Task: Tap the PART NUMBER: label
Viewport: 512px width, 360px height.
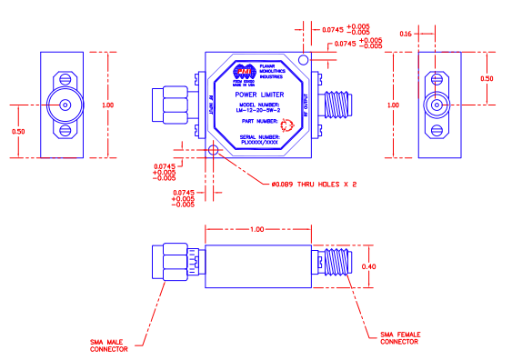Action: [x=254, y=120]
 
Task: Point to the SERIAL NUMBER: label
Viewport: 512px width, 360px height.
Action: [x=257, y=136]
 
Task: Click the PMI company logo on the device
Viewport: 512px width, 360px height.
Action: [x=245, y=73]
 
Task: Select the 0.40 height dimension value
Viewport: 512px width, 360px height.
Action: [x=369, y=266]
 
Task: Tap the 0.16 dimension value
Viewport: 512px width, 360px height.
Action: [x=407, y=34]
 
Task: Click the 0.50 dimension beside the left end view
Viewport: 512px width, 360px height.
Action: [x=17, y=132]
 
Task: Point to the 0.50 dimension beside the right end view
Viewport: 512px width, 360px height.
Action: [x=487, y=78]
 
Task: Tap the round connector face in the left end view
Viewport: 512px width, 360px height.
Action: [x=65, y=105]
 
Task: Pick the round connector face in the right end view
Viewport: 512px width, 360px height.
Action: [x=437, y=105]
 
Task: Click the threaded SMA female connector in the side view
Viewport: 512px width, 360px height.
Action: [x=338, y=265]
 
